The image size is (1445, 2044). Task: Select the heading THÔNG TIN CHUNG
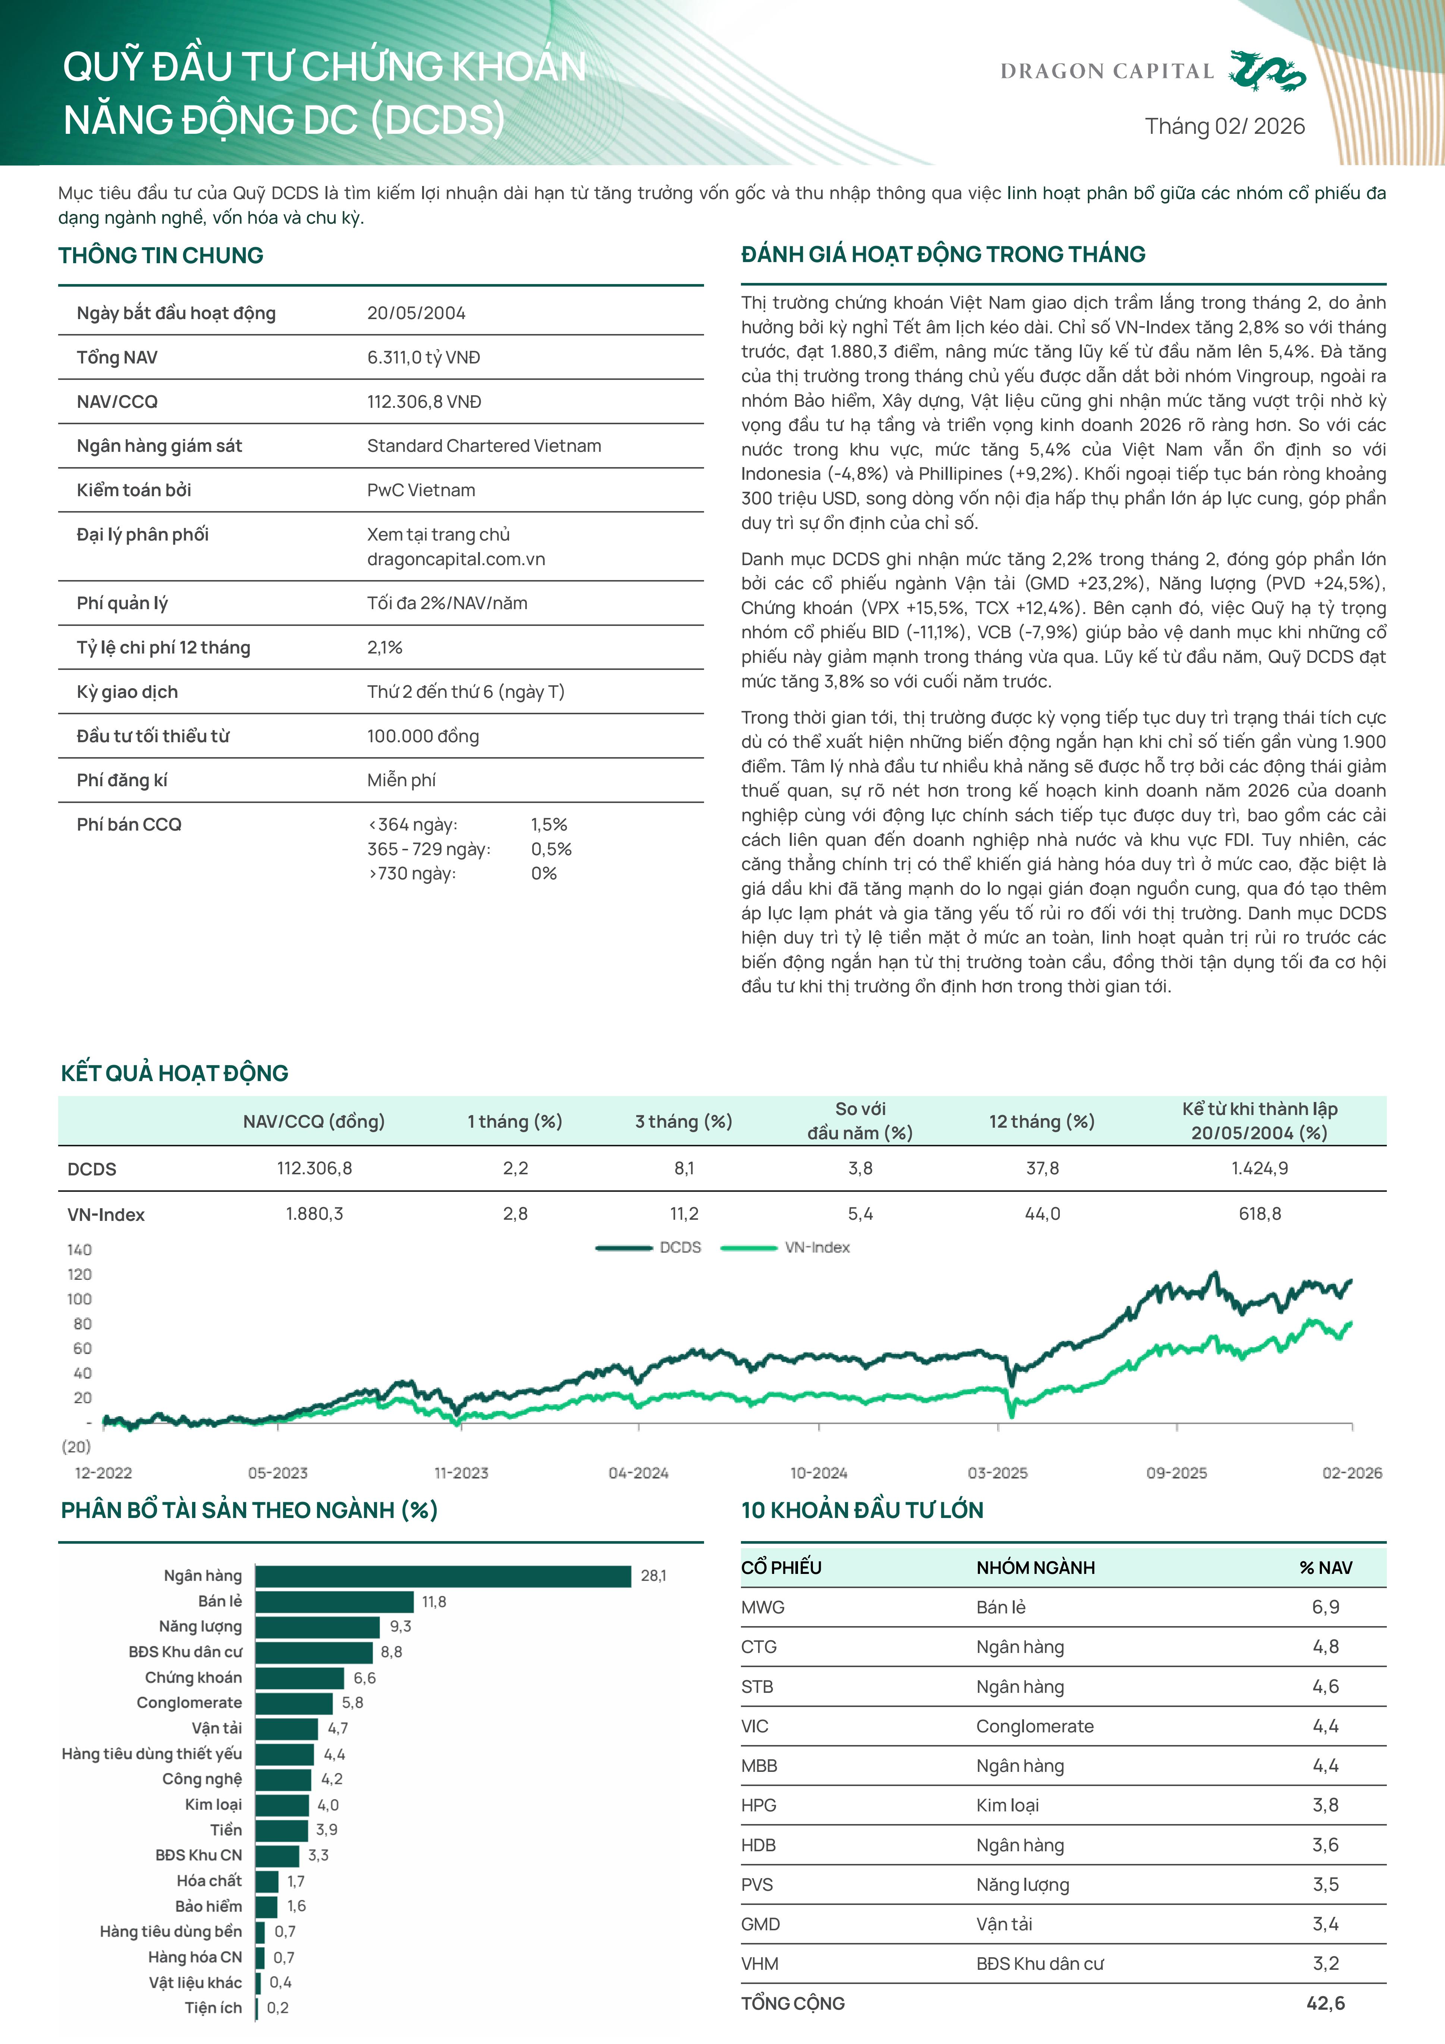[x=161, y=255]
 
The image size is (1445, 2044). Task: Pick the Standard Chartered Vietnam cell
[x=483, y=446]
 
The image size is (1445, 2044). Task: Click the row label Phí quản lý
[x=122, y=604]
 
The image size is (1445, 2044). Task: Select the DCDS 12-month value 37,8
[x=1042, y=1168]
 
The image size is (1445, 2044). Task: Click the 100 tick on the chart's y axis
[x=79, y=1299]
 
